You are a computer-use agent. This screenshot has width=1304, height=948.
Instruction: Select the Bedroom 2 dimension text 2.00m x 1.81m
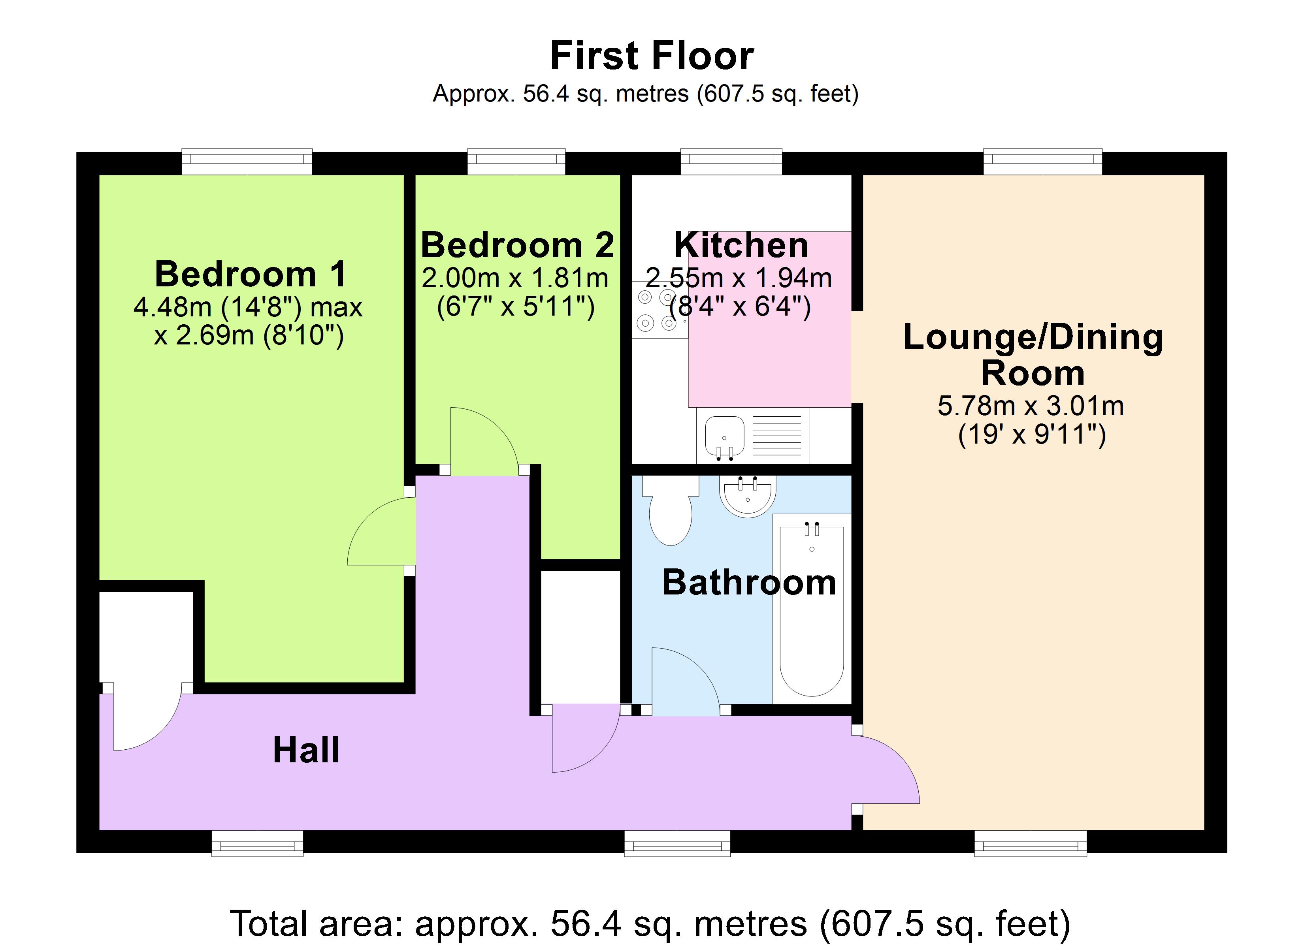pos(514,278)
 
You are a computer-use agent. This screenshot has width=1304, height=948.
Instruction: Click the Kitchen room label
pos(741,245)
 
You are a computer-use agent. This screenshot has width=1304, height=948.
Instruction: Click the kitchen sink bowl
pos(724,434)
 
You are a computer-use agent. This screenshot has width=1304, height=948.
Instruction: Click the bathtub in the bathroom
pos(811,609)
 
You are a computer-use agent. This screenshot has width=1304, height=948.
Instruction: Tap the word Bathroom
pos(748,582)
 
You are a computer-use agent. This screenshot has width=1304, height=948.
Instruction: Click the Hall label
pos(306,750)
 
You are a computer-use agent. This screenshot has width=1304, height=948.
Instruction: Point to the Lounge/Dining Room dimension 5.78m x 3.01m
pos(1030,406)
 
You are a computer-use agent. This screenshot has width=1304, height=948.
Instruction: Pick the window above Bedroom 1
pos(247,162)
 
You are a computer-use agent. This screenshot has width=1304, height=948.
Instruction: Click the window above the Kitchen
pos(731,162)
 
